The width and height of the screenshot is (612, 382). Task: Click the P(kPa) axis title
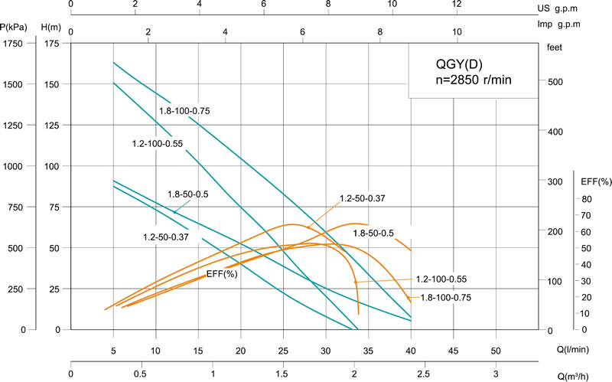15,28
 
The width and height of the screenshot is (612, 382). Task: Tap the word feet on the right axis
555,47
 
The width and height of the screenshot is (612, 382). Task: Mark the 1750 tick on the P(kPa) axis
15,44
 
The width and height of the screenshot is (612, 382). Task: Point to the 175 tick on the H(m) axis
51,44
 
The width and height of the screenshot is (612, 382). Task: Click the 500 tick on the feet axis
555,82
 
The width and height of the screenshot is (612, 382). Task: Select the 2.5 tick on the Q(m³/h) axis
425,374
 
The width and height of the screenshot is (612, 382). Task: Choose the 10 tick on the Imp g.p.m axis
457,33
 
